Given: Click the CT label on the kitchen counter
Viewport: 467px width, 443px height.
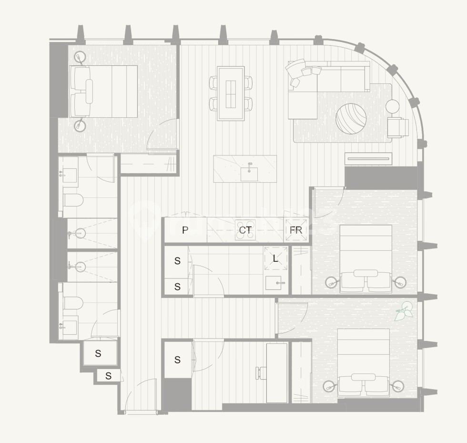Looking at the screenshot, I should [245, 230].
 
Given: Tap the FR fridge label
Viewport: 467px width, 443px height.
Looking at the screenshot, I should [295, 230].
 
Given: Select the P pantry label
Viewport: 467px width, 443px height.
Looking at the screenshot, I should [185, 230].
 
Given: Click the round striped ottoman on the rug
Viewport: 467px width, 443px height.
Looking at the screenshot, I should [351, 119].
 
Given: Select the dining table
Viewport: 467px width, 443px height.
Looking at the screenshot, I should [231, 93].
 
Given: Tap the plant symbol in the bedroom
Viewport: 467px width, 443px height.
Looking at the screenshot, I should [403, 311].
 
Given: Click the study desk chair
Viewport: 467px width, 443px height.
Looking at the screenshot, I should [260, 372].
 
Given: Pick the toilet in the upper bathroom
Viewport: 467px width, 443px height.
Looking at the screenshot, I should [73, 199].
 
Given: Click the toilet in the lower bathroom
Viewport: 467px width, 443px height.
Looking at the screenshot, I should [73, 303].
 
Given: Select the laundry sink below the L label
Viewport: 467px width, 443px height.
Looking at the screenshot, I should [275, 283].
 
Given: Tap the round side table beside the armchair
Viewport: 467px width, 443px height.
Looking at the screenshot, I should [392, 106].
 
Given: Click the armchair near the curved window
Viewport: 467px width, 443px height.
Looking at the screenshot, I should [398, 127].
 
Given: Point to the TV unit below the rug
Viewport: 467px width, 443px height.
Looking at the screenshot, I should [368, 159].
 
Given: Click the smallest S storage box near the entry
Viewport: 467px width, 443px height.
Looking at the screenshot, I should [108, 376].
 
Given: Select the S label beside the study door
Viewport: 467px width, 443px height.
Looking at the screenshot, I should [177, 360].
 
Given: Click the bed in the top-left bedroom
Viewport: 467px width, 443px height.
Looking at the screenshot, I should [103, 91].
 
